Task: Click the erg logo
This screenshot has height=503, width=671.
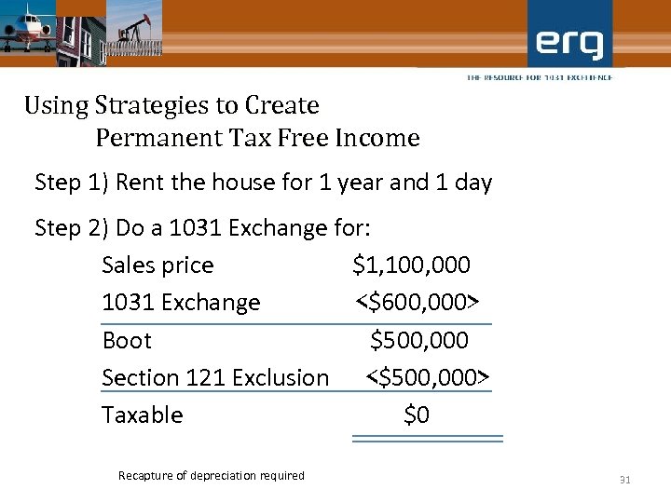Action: click(x=569, y=42)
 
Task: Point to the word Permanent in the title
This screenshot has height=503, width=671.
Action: click(x=155, y=139)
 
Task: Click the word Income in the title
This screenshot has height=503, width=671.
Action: click(x=377, y=139)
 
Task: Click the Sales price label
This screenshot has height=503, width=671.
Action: click(x=157, y=265)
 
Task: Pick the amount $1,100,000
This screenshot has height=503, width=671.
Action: click(x=411, y=265)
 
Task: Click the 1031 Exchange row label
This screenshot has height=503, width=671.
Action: click(x=181, y=303)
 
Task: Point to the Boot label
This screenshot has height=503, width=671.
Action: click(x=127, y=341)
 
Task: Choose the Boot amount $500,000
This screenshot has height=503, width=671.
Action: click(x=419, y=341)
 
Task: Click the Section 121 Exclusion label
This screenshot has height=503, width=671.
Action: click(x=215, y=378)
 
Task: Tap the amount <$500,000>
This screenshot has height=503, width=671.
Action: click(x=427, y=378)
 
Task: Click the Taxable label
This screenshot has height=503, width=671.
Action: click(x=143, y=415)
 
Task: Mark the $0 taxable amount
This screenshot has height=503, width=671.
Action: click(x=417, y=415)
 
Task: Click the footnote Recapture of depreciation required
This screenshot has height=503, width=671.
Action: click(x=212, y=476)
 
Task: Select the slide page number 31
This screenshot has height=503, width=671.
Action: click(x=625, y=480)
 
